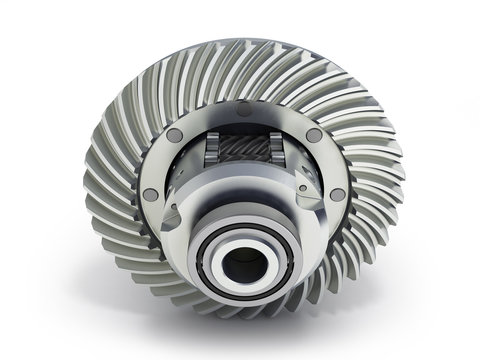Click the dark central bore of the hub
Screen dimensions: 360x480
[243, 267]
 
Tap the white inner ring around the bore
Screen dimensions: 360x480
[243, 246]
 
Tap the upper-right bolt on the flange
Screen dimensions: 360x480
[314, 135]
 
